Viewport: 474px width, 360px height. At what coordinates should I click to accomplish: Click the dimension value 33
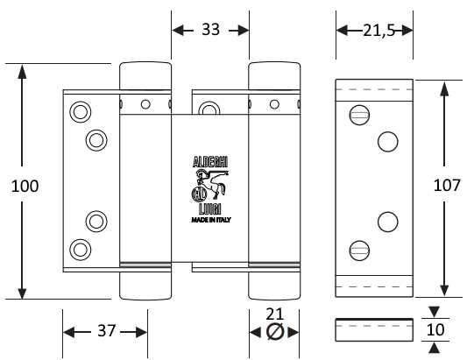210,30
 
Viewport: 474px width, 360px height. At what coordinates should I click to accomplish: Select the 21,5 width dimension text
379,31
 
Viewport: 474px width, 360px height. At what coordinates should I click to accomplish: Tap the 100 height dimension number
25,186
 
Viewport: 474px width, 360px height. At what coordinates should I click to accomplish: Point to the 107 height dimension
447,185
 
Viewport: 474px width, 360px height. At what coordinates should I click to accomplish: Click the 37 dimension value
107,331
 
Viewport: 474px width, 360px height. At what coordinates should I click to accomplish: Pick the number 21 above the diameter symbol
275,314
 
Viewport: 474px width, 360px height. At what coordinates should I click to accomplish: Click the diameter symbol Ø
275,332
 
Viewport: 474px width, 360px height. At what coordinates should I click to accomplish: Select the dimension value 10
435,329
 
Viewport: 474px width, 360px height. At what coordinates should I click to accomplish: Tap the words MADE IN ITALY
211,220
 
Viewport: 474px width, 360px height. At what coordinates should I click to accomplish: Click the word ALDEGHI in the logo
210,162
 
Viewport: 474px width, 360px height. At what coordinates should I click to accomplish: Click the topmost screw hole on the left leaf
81,112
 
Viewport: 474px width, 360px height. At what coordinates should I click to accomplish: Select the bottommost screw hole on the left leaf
81,250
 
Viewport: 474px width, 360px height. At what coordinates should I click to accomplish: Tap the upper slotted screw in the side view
359,115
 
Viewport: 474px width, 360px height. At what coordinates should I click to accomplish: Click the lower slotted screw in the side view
359,250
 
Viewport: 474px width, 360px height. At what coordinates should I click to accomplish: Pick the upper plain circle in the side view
388,142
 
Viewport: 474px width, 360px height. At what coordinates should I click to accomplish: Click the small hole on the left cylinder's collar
145,104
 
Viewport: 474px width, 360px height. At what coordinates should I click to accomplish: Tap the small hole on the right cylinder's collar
274,104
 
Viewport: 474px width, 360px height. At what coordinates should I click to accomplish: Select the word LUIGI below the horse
209,208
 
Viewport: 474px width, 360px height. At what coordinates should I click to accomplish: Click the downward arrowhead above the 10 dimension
435,312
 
